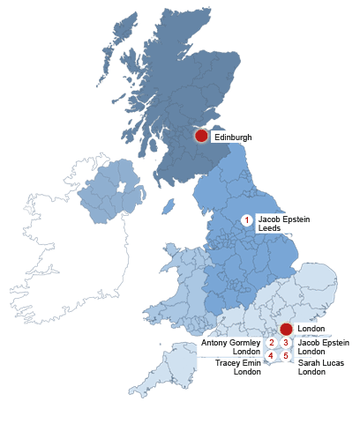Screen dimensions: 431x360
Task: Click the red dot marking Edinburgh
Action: (x=201, y=136)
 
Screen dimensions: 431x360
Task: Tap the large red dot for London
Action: (x=286, y=329)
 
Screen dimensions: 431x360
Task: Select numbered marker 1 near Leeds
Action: (x=247, y=219)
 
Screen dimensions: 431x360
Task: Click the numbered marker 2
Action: (x=272, y=342)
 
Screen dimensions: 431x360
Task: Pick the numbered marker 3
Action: (x=286, y=342)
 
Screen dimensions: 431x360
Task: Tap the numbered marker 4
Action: (x=272, y=355)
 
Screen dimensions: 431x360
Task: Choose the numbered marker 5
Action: (x=286, y=355)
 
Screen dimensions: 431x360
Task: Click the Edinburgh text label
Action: (x=233, y=137)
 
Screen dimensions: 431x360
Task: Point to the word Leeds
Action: (x=269, y=228)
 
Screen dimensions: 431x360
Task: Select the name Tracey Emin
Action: (x=238, y=362)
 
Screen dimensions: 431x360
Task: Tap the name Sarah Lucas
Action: (x=321, y=362)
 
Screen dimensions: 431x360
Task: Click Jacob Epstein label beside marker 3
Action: (x=324, y=342)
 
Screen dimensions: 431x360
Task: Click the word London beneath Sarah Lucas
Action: (x=312, y=372)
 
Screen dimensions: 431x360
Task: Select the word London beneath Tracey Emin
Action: (x=247, y=372)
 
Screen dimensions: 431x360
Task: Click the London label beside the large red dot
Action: (x=311, y=329)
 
